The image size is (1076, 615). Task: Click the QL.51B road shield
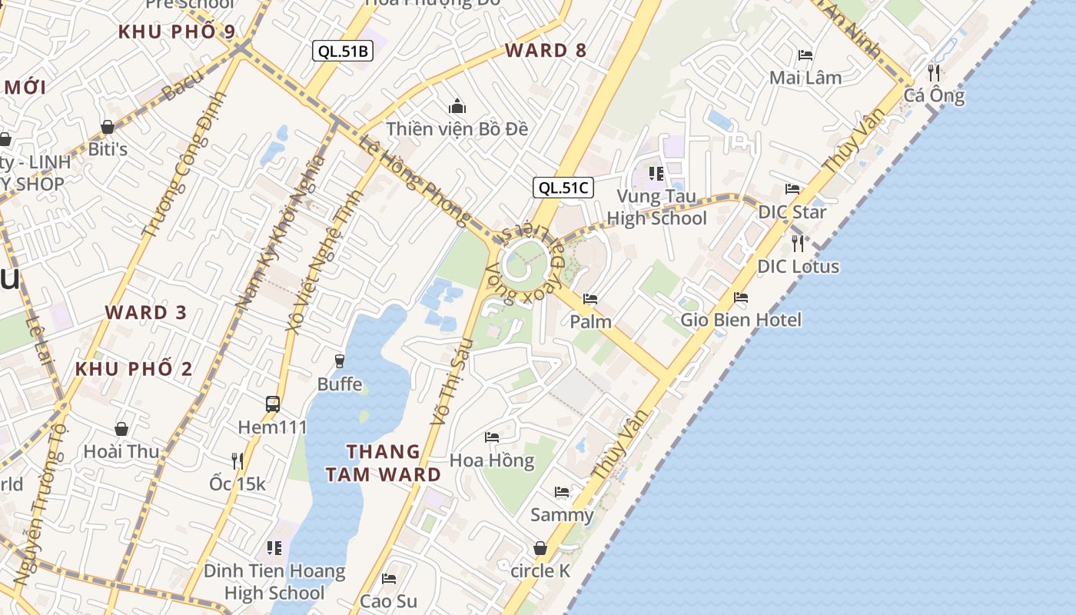pyautogui.click(x=343, y=52)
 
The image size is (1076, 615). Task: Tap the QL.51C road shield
pyautogui.click(x=563, y=188)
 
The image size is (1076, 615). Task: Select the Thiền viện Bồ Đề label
pyautogui.click(x=457, y=128)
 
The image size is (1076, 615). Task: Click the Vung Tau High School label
pyautogui.click(x=656, y=208)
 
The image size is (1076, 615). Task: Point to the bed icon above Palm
pyautogui.click(x=590, y=298)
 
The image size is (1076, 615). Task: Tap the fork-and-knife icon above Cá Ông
pyautogui.click(x=934, y=72)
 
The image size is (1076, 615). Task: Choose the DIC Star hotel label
pyautogui.click(x=792, y=211)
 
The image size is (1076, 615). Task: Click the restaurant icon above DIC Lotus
pyautogui.click(x=798, y=244)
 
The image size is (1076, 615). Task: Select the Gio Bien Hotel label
pyautogui.click(x=741, y=320)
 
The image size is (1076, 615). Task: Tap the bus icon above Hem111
pyautogui.click(x=273, y=404)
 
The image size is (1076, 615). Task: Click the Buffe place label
pyautogui.click(x=340, y=384)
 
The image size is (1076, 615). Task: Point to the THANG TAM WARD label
pyautogui.click(x=384, y=463)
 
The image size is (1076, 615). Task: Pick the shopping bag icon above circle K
pyautogui.click(x=541, y=548)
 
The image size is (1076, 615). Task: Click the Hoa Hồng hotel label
pyautogui.click(x=492, y=460)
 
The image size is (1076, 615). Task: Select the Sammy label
pyautogui.click(x=562, y=515)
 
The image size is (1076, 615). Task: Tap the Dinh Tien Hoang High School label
pyautogui.click(x=274, y=582)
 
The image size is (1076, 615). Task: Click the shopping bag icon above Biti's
pyautogui.click(x=108, y=126)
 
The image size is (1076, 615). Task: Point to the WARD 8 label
pyautogui.click(x=546, y=51)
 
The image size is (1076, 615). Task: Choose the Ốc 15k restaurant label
pyautogui.click(x=237, y=484)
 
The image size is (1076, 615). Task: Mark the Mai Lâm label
pyautogui.click(x=805, y=78)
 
